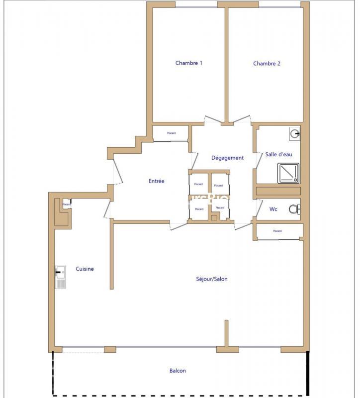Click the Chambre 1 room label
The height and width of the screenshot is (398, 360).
point(189,63)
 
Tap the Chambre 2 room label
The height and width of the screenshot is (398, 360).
point(267,64)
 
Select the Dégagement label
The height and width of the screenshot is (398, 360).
point(227,158)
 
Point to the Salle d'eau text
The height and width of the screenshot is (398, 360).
point(278,154)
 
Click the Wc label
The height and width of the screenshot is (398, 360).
point(273,209)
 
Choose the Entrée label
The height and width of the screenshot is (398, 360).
point(156,181)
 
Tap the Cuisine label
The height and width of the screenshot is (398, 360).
point(85,269)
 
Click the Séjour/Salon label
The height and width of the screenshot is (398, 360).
point(212,279)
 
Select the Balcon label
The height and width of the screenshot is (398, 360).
point(178,371)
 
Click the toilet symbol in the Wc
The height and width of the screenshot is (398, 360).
point(294,209)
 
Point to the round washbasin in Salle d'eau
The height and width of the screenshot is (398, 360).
point(295,133)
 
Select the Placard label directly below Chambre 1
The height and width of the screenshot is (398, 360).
point(171,133)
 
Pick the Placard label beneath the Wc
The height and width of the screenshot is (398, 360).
point(277,231)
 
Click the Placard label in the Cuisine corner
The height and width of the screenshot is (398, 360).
point(66,204)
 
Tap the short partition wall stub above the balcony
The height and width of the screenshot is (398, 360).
point(226,333)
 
